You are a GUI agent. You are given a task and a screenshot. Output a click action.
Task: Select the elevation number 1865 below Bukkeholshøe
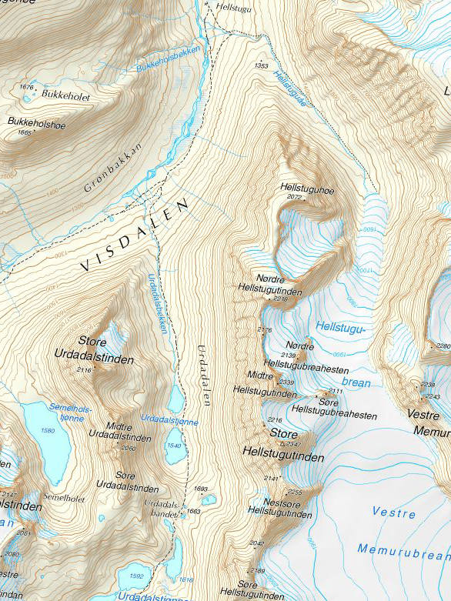(25, 132)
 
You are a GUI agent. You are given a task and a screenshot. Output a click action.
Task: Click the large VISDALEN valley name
(135, 235)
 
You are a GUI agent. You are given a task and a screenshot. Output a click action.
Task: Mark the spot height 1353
(261, 66)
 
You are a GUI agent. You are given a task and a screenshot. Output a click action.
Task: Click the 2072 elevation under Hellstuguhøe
(294, 197)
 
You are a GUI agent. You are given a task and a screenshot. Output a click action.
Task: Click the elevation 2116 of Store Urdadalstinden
(84, 370)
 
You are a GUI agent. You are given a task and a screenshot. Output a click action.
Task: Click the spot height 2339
(286, 382)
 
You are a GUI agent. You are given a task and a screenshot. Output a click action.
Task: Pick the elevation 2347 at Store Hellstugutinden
(293, 445)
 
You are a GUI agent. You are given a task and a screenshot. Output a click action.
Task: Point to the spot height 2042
(256, 543)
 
